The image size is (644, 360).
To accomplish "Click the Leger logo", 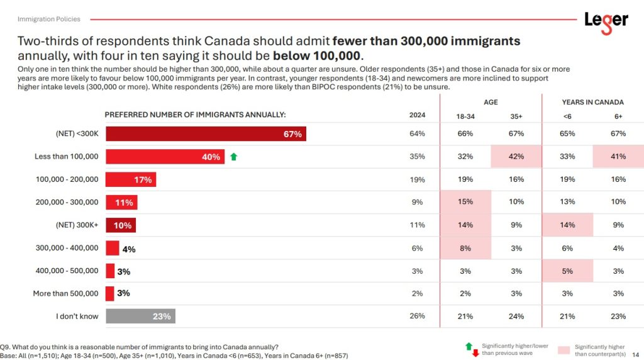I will [x=606, y=20].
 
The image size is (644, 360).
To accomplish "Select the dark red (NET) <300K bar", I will [x=206, y=134].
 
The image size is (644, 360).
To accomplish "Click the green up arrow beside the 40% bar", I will [x=234, y=157].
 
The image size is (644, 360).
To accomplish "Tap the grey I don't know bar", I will [x=140, y=316].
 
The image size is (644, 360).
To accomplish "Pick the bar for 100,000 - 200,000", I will [x=131, y=179].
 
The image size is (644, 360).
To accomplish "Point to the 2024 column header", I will [x=417, y=115].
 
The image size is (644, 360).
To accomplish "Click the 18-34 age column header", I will [x=465, y=116].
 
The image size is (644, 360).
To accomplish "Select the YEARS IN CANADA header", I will [x=592, y=102].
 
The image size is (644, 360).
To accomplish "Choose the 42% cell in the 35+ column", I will [x=516, y=157].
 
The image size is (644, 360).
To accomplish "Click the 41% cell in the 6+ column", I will [x=618, y=157].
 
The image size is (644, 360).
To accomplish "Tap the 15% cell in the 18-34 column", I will [x=465, y=202].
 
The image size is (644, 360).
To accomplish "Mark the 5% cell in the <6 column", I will [x=567, y=271].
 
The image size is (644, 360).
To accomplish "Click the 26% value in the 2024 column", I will [x=417, y=316].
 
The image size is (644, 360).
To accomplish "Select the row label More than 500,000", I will [x=65, y=293].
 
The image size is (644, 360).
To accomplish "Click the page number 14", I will [x=635, y=354].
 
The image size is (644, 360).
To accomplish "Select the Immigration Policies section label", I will [x=45, y=20].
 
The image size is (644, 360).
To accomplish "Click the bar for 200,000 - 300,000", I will [x=121, y=202].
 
